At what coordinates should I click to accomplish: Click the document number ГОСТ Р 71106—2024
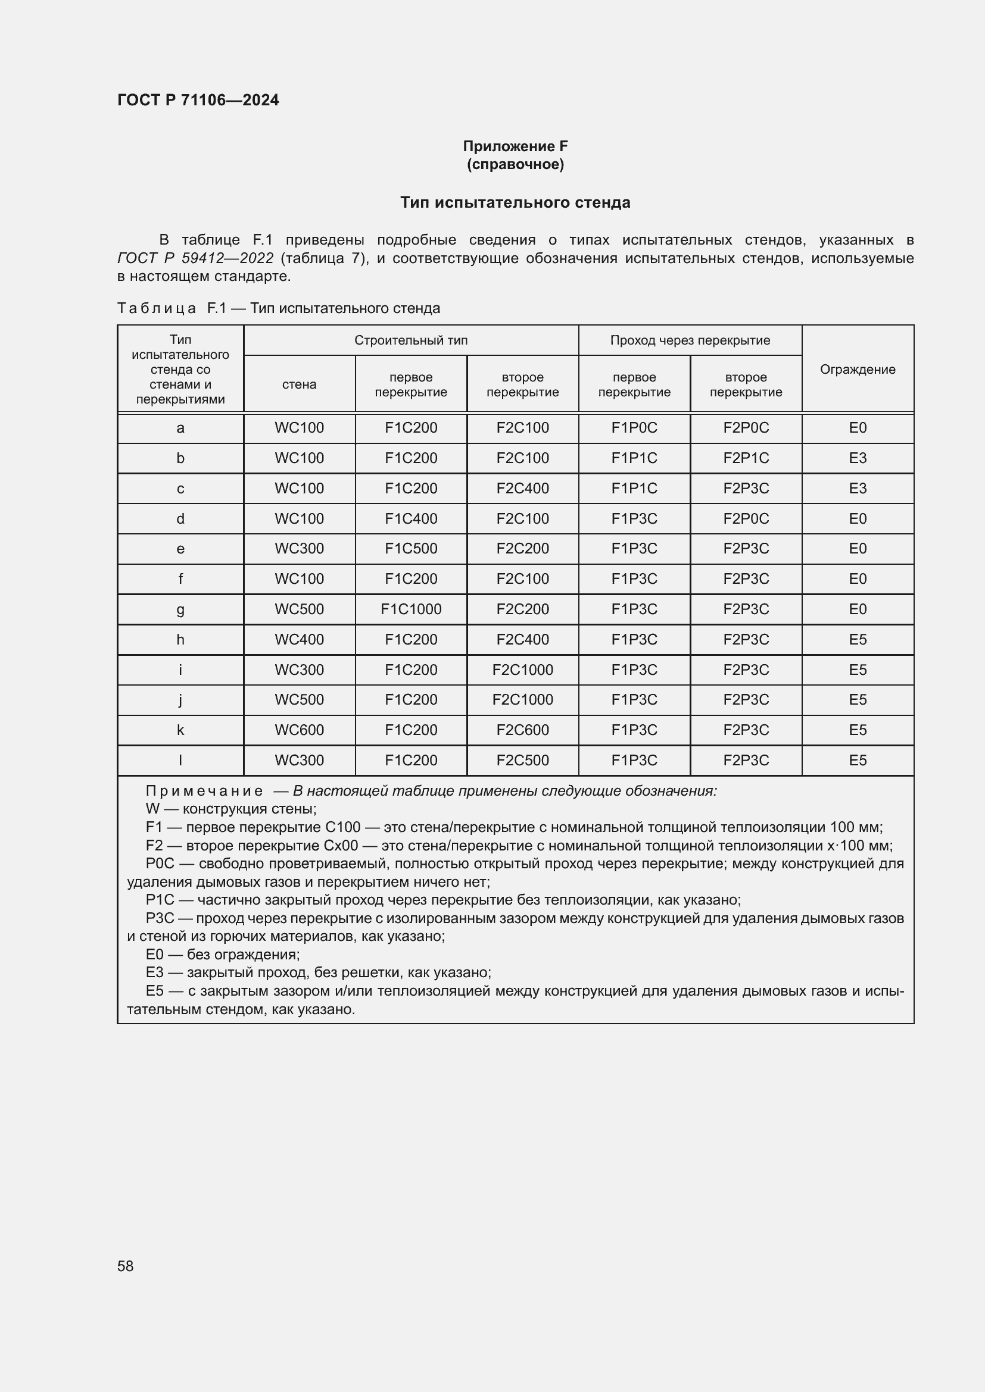point(198,100)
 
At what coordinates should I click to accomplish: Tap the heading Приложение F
point(515,146)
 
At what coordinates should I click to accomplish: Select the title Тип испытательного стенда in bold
point(515,202)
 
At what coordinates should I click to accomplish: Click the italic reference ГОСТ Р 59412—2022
point(195,258)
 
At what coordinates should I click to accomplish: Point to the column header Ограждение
point(857,369)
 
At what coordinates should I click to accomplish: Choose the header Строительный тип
point(411,340)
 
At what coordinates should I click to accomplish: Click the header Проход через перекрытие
point(690,340)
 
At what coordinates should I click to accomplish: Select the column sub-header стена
point(299,384)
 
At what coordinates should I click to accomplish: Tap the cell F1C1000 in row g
point(411,609)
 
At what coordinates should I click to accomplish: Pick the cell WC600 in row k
point(299,730)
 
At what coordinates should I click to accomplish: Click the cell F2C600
point(522,730)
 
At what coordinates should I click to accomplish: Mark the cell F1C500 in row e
point(411,548)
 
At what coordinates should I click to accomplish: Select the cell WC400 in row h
point(299,639)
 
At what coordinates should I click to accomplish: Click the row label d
point(180,518)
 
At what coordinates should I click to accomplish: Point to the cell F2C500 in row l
point(522,760)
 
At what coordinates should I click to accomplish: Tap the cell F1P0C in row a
point(634,427)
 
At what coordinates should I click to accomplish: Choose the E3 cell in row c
point(857,488)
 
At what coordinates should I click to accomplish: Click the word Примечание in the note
point(204,790)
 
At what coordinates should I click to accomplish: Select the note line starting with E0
point(222,954)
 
